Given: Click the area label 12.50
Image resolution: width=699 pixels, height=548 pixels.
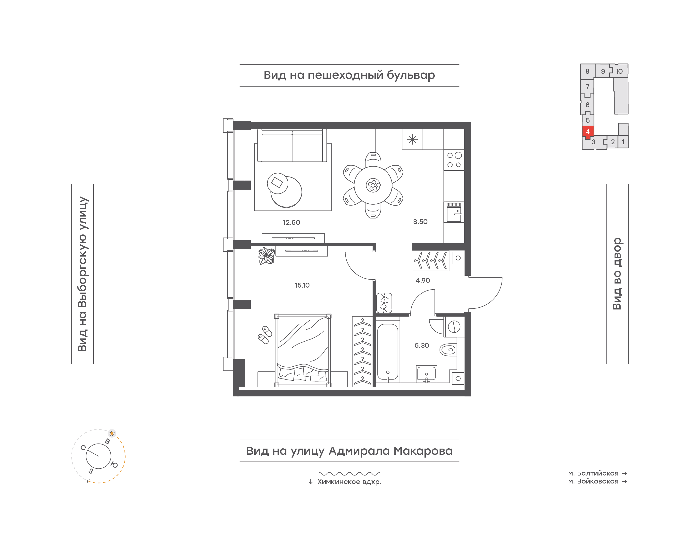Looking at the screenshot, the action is (x=291, y=222).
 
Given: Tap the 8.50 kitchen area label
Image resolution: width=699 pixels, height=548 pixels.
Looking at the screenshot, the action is (x=420, y=222).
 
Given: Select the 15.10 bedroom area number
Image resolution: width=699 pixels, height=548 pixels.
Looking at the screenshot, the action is (x=302, y=285).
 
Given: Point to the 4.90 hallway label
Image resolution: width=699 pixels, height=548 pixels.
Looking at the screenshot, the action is (x=423, y=280).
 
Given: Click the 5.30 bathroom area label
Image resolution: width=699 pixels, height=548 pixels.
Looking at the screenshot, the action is (x=422, y=345).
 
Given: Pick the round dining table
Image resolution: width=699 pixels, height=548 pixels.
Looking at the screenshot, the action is (x=373, y=185).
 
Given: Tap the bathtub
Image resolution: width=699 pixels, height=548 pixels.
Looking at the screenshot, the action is (x=388, y=352).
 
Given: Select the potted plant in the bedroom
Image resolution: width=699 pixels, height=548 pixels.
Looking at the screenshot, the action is (x=266, y=256).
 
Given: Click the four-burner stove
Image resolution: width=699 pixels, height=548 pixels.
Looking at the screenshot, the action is (x=454, y=160).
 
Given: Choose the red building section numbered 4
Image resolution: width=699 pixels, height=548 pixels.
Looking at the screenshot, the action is (x=588, y=132).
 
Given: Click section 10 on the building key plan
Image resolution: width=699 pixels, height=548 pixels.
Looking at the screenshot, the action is (x=619, y=71).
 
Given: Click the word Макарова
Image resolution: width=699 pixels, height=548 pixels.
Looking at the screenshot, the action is (x=423, y=451).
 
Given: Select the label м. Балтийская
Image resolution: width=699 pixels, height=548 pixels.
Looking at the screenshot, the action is (x=593, y=473).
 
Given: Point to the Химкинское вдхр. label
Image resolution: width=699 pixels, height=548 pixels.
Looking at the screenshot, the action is (x=349, y=482).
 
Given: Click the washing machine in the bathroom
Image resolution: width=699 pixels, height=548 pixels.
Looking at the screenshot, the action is (x=454, y=327).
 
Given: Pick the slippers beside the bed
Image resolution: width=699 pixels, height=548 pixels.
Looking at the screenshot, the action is (x=265, y=335).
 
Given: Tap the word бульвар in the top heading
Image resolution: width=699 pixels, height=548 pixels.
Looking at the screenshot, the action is (x=411, y=75).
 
